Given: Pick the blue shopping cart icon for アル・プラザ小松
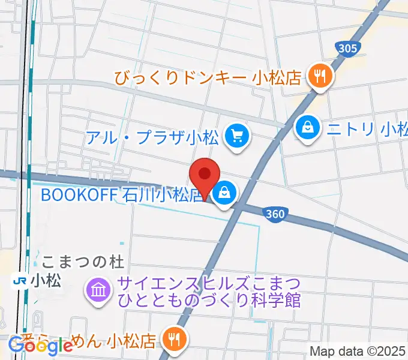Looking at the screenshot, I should (236, 136).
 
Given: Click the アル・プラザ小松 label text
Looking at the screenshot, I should (152, 137).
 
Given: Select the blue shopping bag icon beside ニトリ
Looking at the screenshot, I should (307, 128).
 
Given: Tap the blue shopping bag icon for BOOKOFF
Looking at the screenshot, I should (224, 193).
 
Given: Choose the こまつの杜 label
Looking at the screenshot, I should (82, 262).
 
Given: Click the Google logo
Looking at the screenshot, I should (40, 346).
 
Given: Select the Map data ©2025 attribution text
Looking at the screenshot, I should (357, 351).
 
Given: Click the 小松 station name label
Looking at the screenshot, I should (47, 280).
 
